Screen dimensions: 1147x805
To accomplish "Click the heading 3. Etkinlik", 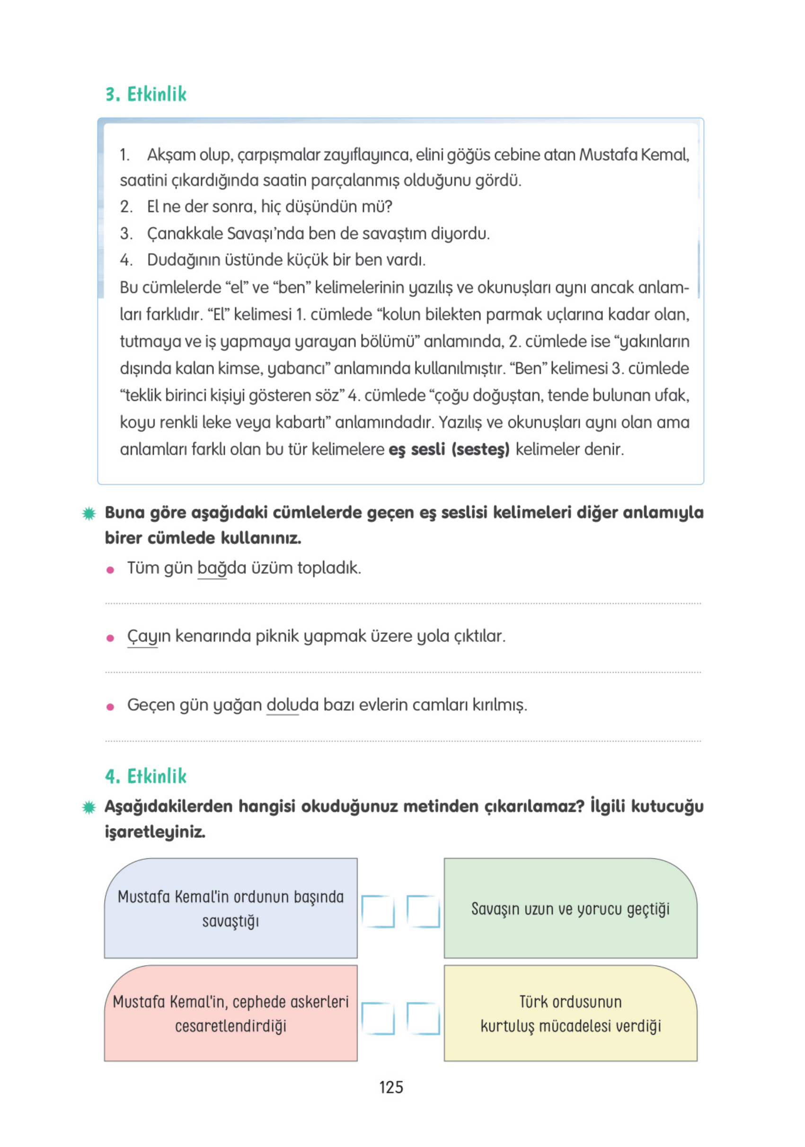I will tap(145, 94).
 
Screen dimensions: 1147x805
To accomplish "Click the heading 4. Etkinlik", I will tap(145, 776).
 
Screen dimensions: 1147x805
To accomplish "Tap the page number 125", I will tap(391, 1087).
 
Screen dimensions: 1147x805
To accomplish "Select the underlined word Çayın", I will tap(142, 636).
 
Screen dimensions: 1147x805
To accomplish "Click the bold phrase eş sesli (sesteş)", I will tap(449, 449).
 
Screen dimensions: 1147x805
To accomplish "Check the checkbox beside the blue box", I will tap(377, 911).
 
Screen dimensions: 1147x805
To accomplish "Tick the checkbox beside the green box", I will tap(423, 911).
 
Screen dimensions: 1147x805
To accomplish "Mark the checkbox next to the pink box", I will tap(377, 1018).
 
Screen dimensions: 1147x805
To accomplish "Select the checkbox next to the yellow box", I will tap(423, 1018).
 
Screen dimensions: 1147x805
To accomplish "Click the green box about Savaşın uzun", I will tap(570, 908).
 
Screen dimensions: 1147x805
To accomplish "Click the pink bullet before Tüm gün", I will tap(110, 570).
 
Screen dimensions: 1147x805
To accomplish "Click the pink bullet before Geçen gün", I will tap(110, 707).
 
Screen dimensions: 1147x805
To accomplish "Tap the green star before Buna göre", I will tap(89, 513).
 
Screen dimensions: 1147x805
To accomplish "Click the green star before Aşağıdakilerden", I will tap(89, 807).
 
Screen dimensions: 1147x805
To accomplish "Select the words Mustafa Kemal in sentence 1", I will tap(634, 155).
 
